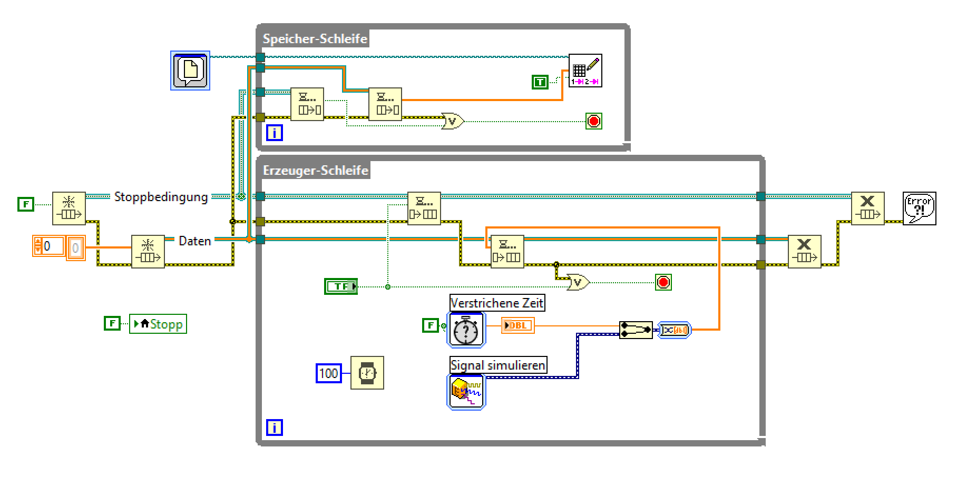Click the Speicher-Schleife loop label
(315, 38)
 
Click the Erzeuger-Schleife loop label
(315, 170)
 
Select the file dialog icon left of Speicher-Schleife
(190, 71)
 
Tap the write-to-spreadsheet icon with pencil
(585, 71)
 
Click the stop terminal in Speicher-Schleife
(594, 122)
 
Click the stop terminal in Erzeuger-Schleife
(663, 282)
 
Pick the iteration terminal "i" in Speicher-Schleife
(275, 133)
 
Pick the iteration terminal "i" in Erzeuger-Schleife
(275, 428)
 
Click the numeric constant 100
(328, 373)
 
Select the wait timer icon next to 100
(367, 373)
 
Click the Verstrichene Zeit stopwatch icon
(466, 330)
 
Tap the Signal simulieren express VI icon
(466, 392)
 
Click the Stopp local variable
(158, 324)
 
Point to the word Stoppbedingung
(161, 197)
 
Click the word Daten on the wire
(194, 241)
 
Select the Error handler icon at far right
(919, 208)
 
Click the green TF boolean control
(341, 286)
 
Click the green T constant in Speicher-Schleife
(540, 82)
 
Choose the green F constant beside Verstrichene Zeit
(431, 325)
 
